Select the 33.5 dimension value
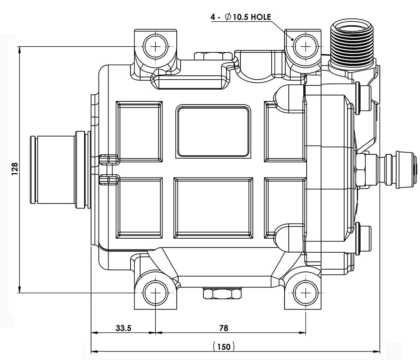pyautogui.click(x=123, y=328)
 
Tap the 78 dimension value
pyautogui.click(x=224, y=328)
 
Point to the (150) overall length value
pyautogui.click(x=224, y=346)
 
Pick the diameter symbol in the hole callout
pyautogui.click(x=228, y=17)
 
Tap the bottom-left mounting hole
pyautogui.click(x=155, y=293)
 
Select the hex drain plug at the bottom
pyautogui.click(x=223, y=293)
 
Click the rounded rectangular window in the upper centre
pyautogui.click(x=213, y=132)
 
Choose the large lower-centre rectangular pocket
pyautogui.click(x=213, y=208)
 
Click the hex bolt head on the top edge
pyautogui.click(x=212, y=56)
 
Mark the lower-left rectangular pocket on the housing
pyautogui.click(x=139, y=208)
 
